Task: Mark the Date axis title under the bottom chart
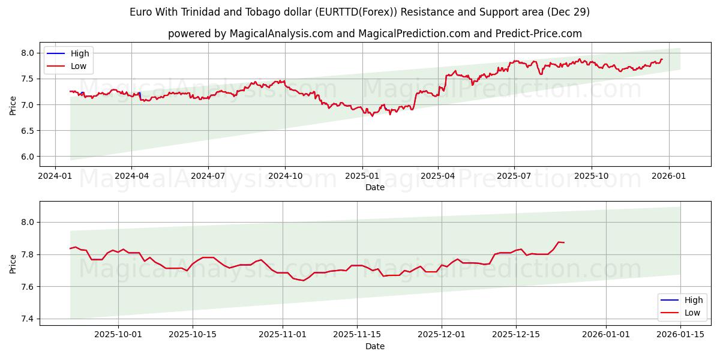[x=375, y=346]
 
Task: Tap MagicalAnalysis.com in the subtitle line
[x=281, y=34]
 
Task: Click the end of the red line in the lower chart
[x=564, y=242]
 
